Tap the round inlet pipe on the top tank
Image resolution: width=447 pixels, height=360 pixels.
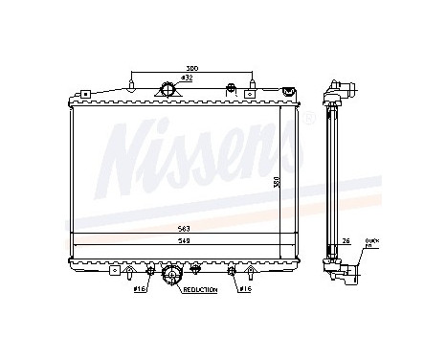[170, 91]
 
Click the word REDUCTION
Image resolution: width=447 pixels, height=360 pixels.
[200, 288]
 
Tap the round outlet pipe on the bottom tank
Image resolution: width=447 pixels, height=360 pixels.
[172, 276]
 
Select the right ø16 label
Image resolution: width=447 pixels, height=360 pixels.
[245, 288]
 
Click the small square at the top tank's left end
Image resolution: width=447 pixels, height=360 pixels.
[84, 95]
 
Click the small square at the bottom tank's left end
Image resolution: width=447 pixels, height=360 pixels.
[84, 259]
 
